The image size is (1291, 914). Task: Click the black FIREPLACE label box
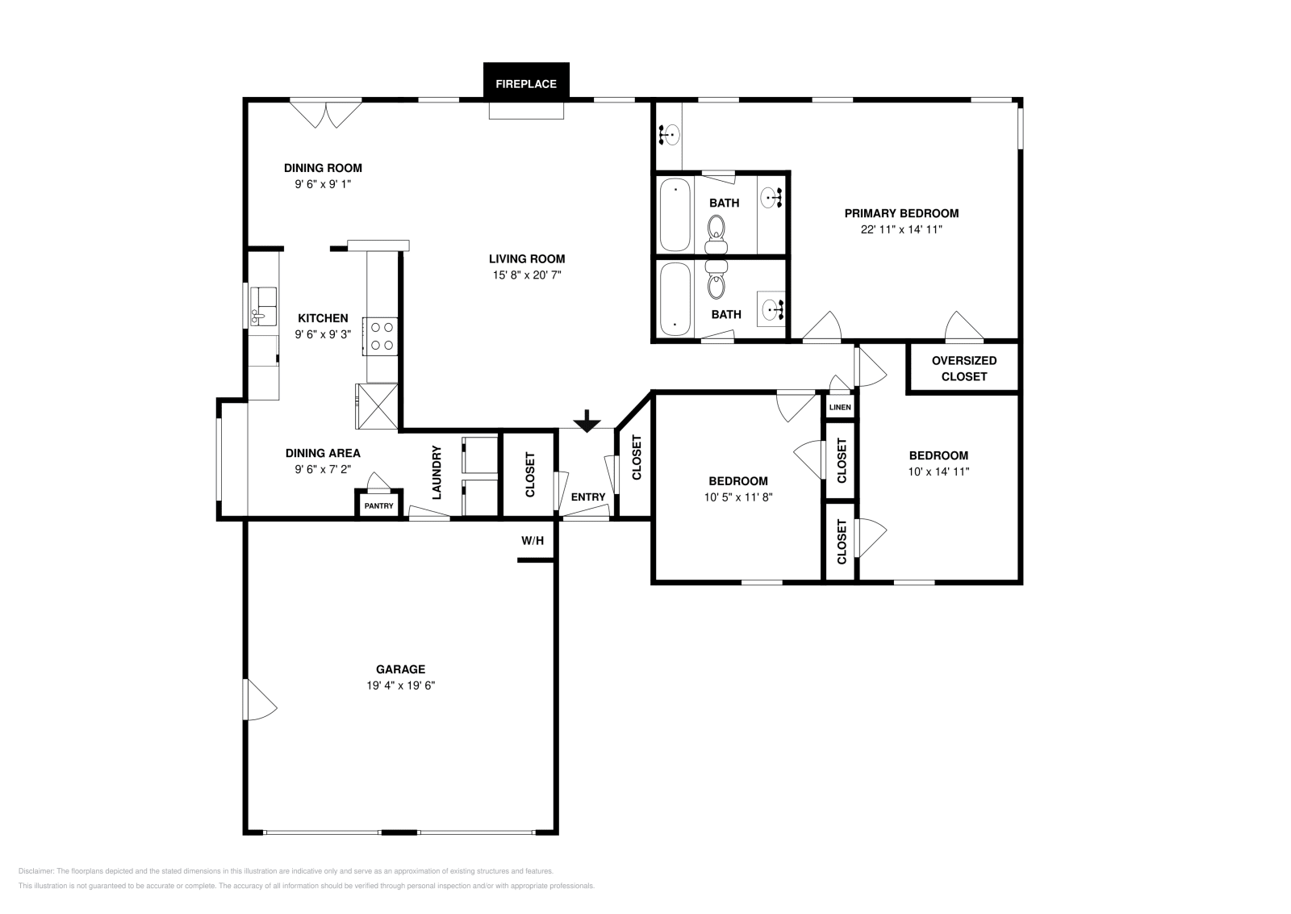pos(525,83)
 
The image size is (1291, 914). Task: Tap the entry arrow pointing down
pos(587,420)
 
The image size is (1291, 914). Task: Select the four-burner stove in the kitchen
pos(381,336)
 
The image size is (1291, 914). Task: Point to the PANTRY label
pos(378,506)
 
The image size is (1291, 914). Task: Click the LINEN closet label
pos(840,408)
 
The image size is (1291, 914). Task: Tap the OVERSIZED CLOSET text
pos(963,368)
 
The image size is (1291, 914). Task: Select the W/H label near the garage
pos(533,540)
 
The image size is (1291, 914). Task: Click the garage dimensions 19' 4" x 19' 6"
pos(400,685)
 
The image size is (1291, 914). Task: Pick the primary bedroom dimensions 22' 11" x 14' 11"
pos(901,229)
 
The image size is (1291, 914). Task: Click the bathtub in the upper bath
pos(675,216)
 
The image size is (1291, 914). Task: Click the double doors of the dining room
pos(325,113)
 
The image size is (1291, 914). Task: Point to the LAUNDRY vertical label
pos(437,472)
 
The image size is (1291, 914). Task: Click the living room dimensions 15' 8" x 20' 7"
pos(527,275)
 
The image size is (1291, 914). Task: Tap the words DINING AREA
pos(323,453)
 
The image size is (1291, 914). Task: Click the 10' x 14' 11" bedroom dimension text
pos(938,472)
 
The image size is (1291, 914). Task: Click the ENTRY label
pos(587,497)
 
